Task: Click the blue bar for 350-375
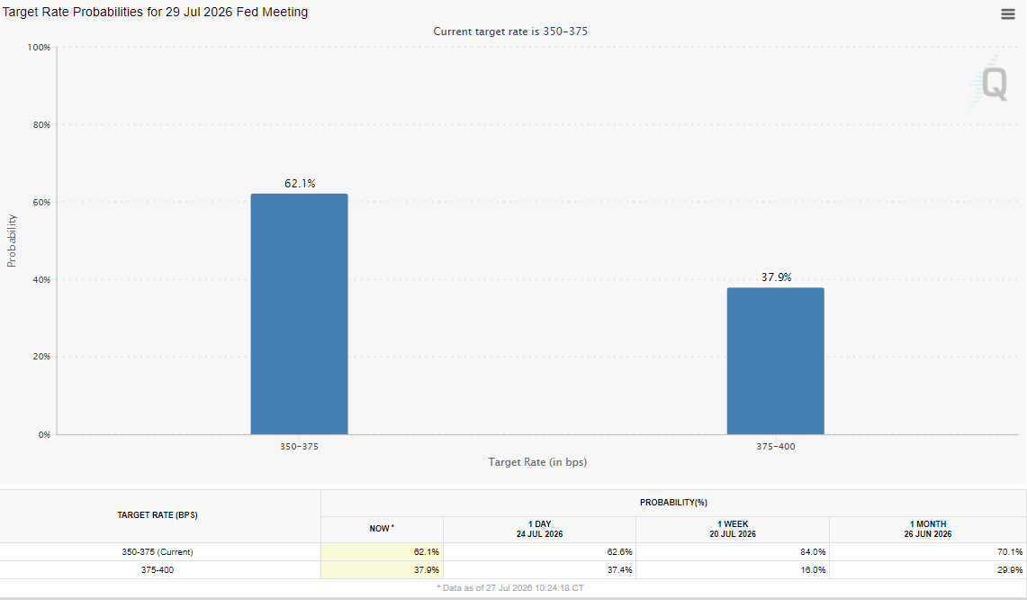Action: tap(300, 314)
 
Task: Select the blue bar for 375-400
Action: tap(776, 361)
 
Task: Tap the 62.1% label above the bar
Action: tap(300, 184)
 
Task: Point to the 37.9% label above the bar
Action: tap(776, 277)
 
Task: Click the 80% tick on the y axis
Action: tap(41, 124)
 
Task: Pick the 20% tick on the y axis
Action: tap(41, 357)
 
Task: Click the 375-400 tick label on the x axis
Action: tap(776, 447)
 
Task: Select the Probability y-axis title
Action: tap(11, 241)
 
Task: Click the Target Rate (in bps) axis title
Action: tap(537, 462)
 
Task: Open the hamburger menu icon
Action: tap(1008, 14)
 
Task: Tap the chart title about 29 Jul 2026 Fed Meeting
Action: tap(155, 12)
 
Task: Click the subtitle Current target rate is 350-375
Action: tap(510, 32)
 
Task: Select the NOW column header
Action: tap(382, 529)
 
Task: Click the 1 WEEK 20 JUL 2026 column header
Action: tap(733, 529)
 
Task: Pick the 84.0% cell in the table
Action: tap(813, 552)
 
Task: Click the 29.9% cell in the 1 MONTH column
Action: tap(1010, 570)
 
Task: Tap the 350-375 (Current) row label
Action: tap(158, 552)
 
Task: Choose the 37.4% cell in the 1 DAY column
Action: tap(619, 570)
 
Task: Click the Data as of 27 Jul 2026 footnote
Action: tap(510, 588)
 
